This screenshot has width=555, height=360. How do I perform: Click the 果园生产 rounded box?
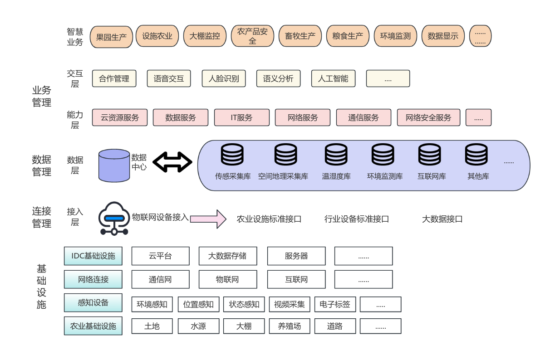tap(111, 37)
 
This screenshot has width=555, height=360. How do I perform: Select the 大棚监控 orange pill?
tap(205, 36)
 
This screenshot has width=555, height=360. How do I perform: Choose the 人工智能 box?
tap(333, 78)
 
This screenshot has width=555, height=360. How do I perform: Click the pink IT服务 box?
tap(241, 117)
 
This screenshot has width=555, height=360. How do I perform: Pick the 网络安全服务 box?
tap(428, 117)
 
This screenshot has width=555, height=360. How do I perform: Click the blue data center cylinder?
tap(114, 165)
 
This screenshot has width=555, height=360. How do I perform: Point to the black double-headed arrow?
tap(172, 162)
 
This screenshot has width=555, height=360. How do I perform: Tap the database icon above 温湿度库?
tap(336, 155)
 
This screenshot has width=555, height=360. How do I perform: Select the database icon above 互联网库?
tap(429, 155)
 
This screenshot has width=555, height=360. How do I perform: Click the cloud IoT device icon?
tap(114, 219)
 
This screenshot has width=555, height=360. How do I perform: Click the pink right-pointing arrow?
tap(208, 219)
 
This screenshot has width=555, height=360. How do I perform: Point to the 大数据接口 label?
tap(442, 219)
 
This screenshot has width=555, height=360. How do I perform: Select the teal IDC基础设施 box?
tap(93, 256)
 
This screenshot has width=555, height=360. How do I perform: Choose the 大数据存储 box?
tap(228, 256)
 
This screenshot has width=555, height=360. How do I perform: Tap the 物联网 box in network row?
tap(228, 279)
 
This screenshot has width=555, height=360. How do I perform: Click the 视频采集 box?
tap(289, 304)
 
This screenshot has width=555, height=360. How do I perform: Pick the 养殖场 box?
tap(289, 326)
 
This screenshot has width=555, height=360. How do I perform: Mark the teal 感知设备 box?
tap(93, 302)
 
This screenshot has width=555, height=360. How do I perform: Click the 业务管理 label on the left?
tap(42, 97)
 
